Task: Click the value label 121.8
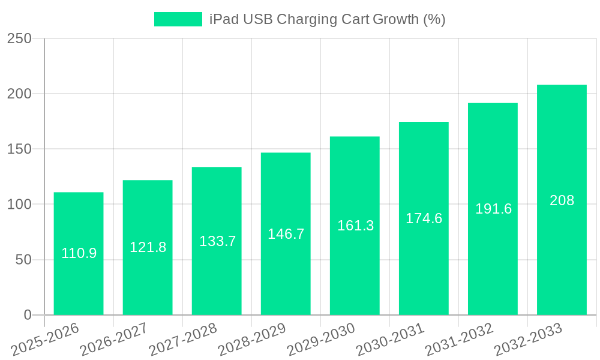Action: coord(148,247)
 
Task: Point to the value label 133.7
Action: coord(217,241)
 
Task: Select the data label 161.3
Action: coord(355,226)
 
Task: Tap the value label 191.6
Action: coord(493,209)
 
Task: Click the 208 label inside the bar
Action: coord(562,200)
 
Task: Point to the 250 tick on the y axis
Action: coord(19,38)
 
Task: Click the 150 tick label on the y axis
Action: coord(19,149)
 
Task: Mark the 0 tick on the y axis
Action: coord(28,315)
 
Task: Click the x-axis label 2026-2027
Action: coord(114,339)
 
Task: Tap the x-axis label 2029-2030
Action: coord(321,339)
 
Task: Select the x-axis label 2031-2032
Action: coord(459,339)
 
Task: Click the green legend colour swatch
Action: coord(178,19)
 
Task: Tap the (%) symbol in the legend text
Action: coord(434,19)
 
